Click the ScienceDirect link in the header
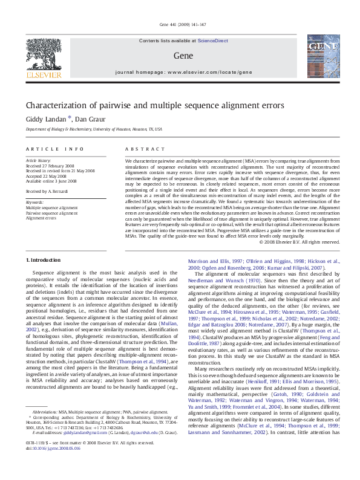(x=212, y=40)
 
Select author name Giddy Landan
(x=45, y=118)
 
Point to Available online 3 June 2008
(x=52, y=180)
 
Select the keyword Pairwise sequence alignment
(x=51, y=213)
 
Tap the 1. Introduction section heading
(x=44, y=260)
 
